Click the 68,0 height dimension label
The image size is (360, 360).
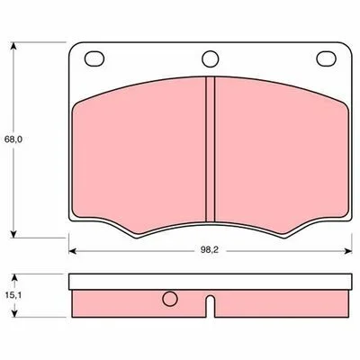pos(13,139)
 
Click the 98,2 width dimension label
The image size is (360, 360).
pos(210,250)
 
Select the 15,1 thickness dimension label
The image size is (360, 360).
pos(13,295)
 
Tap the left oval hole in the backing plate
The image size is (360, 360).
pos(94,58)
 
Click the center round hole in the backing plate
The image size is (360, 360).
pos(211,58)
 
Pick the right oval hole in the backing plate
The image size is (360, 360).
pos(326,58)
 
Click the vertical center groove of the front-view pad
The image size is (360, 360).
pos(211,149)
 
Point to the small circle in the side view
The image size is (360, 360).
pos(170,299)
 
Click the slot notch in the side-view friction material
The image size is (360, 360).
pos(211,306)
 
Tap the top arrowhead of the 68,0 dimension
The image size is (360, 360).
pos(13,46)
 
